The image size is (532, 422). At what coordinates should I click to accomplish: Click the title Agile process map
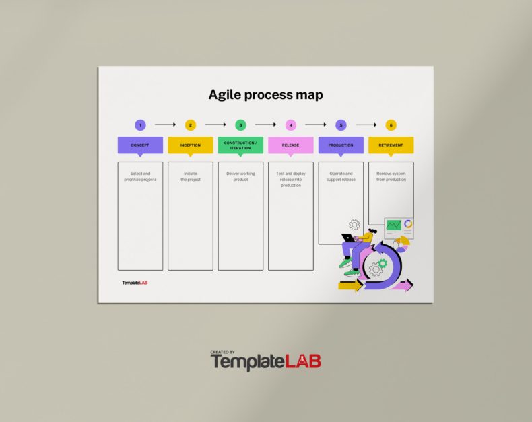265,94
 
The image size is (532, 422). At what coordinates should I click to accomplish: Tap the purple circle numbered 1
140,125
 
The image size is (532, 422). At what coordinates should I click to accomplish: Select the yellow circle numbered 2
191,125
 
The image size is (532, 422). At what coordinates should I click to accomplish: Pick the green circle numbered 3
240,125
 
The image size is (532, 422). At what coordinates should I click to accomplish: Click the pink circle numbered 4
291,125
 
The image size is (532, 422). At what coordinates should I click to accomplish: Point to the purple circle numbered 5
341,125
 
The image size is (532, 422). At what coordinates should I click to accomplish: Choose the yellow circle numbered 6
391,125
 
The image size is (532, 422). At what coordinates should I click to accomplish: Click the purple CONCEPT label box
140,145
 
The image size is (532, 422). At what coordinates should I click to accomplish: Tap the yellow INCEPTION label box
191,145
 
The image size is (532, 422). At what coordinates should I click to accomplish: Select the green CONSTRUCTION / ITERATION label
240,145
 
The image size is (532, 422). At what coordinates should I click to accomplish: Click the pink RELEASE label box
291,145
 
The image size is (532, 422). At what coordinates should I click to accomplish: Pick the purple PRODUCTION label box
341,145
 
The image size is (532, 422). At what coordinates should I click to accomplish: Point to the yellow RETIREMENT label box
391,145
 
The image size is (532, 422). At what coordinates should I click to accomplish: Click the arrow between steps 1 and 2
165,125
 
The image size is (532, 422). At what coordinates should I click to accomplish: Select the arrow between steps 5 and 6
366,125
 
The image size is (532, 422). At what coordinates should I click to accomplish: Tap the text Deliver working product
240,176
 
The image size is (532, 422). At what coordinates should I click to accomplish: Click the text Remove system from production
391,176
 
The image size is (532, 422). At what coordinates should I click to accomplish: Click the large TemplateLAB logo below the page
266,361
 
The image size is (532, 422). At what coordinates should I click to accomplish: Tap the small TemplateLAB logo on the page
135,283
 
